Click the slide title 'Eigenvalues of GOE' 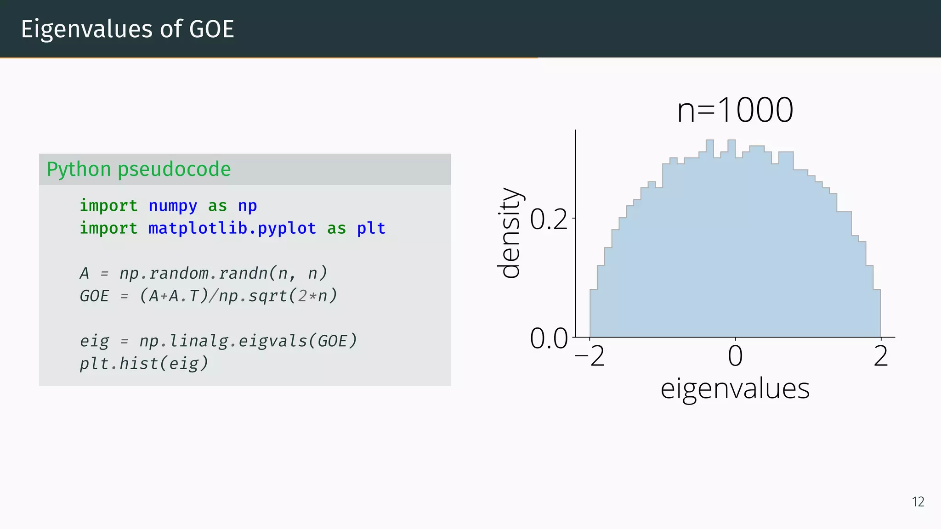click(127, 29)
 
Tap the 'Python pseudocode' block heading click(138, 169)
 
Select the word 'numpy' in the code click(173, 206)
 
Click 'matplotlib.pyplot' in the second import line click(232, 228)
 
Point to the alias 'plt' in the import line click(371, 228)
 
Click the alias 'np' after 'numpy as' click(247, 206)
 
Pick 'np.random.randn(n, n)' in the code click(223, 273)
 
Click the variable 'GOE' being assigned click(94, 296)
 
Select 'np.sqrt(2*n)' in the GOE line click(278, 296)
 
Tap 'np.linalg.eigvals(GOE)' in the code click(248, 341)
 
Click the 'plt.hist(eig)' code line click(144, 363)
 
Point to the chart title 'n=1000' click(735, 110)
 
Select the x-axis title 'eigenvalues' click(735, 388)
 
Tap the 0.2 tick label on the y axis click(549, 219)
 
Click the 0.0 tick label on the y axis click(549, 338)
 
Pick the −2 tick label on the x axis click(590, 356)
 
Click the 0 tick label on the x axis click(735, 356)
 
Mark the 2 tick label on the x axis click(881, 356)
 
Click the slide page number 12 click(918, 501)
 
